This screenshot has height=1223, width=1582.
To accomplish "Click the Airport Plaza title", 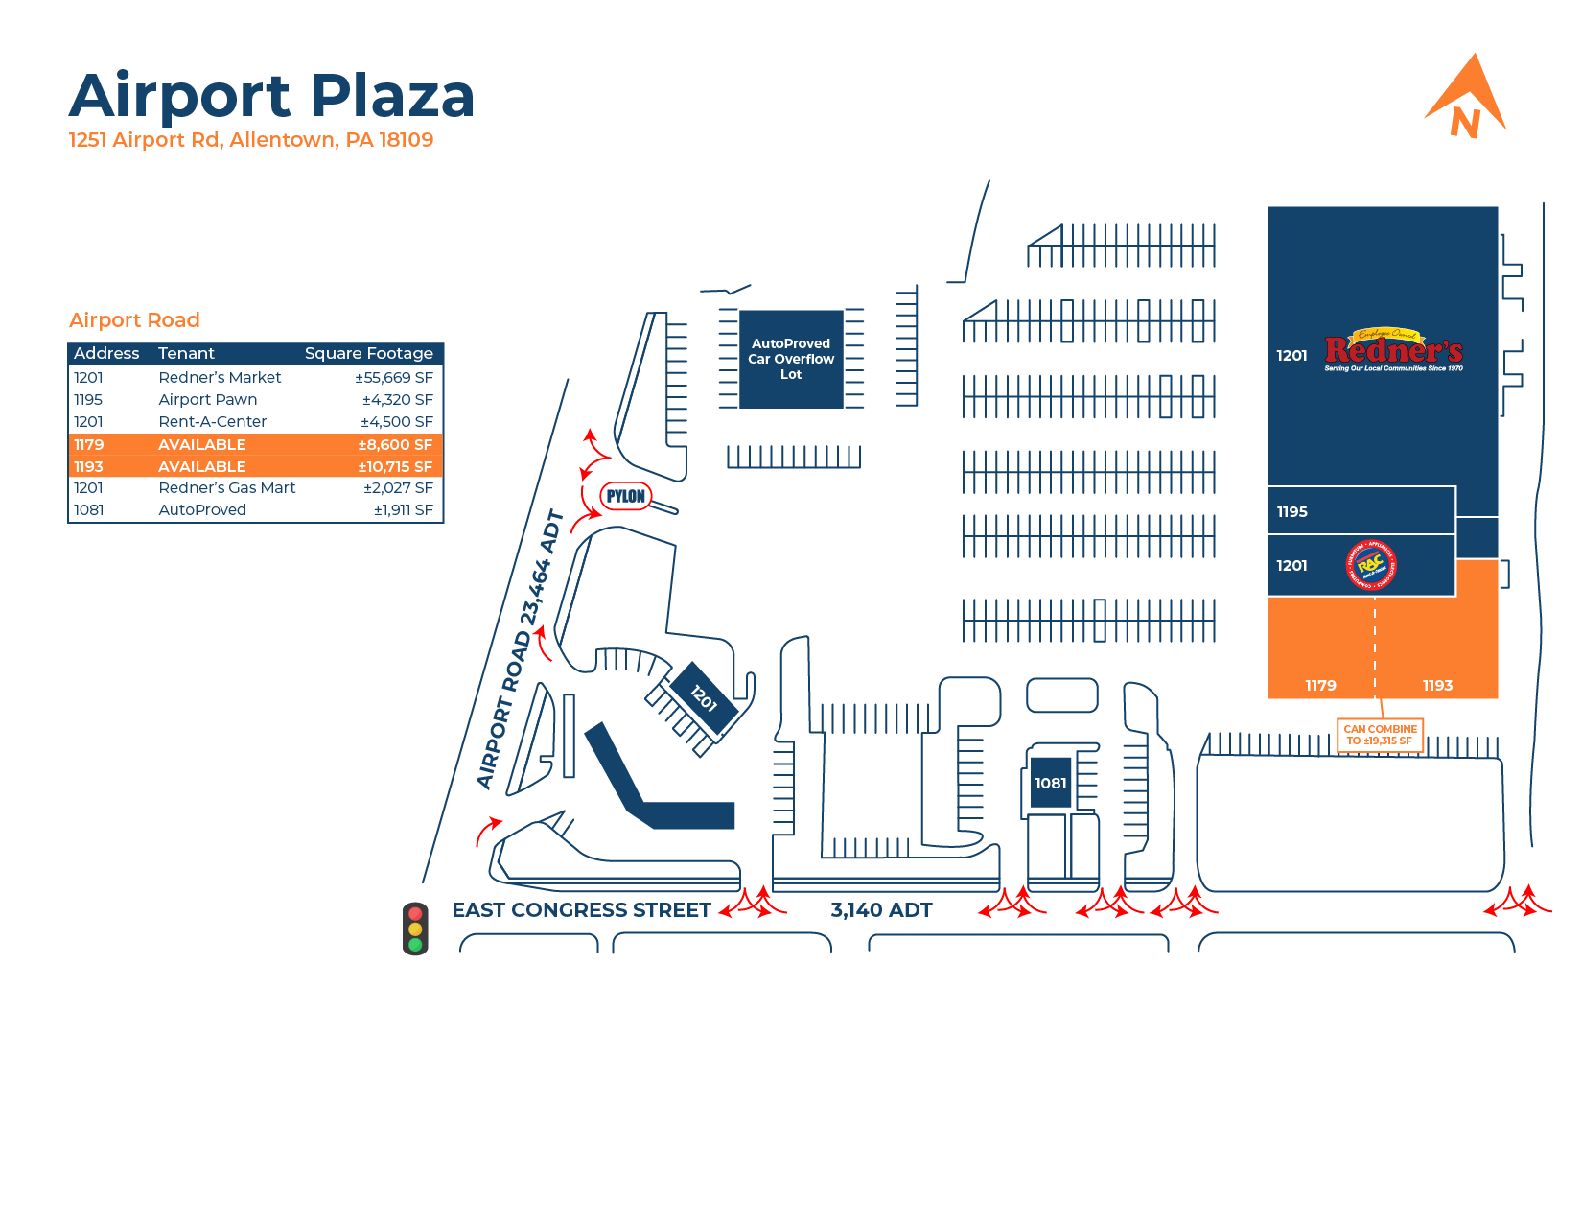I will (271, 96).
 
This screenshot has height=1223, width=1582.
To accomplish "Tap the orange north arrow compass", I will (1466, 98).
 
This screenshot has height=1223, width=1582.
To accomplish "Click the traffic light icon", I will (415, 929).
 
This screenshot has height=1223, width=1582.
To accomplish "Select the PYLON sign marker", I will (626, 496).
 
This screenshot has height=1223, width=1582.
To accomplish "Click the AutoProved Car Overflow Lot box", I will (791, 359).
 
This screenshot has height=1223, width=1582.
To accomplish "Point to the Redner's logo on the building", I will (1393, 351).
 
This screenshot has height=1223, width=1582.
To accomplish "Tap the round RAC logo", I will (1371, 566).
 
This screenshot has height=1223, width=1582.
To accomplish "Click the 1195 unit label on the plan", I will (1291, 512).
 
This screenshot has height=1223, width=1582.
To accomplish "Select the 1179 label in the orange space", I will (1320, 686).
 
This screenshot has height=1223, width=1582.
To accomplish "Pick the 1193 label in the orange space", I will (1437, 686).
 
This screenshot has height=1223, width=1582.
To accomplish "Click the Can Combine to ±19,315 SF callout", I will (1380, 736).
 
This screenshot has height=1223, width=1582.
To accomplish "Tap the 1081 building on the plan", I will (1050, 783).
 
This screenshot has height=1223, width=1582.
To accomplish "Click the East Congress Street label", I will (581, 910).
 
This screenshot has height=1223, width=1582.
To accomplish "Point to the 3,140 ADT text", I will (881, 910).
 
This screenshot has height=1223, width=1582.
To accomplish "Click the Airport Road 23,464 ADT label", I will (519, 652).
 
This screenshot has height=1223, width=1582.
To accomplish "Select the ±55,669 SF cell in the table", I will (394, 378).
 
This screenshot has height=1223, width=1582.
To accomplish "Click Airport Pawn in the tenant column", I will (207, 400).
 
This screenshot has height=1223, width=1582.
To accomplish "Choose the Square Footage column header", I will (368, 354).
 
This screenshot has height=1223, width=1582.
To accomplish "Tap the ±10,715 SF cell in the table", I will (395, 467).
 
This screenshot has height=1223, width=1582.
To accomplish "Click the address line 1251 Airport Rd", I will (250, 140).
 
